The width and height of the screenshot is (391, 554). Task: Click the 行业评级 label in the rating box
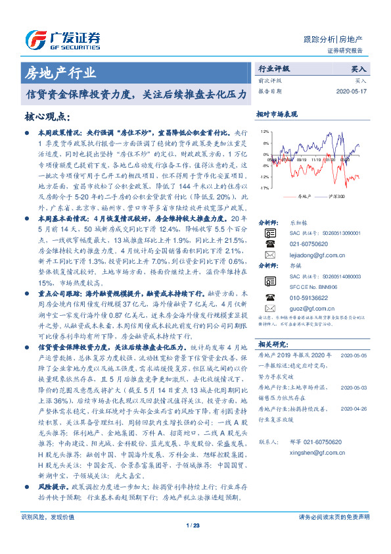pos(273,68)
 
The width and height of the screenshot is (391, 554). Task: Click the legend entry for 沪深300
pos(333,196)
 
